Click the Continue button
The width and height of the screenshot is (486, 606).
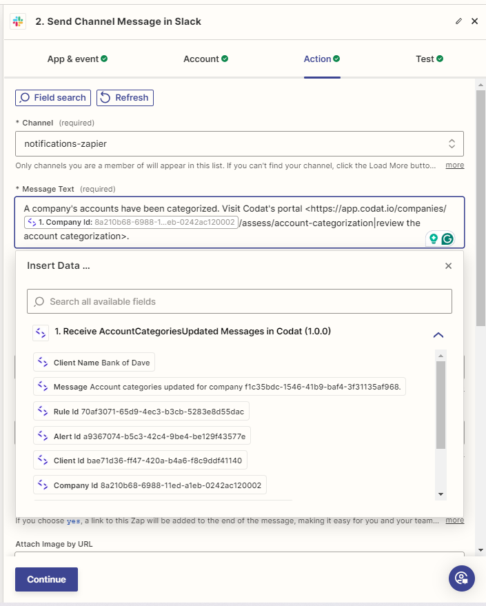click(46, 579)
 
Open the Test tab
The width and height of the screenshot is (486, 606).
click(429, 59)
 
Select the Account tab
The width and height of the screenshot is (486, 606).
click(205, 59)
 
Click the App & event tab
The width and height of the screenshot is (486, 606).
click(77, 59)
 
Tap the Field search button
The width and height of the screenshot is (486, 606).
click(53, 98)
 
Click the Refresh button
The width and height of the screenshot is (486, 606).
click(125, 98)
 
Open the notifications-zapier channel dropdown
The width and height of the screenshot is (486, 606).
click(239, 143)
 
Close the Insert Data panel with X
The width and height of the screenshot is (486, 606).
click(448, 265)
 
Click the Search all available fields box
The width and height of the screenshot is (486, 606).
click(239, 301)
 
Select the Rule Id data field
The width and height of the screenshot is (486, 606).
click(141, 412)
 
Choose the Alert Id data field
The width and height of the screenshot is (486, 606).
click(142, 436)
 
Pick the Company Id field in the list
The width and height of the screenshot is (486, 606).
click(150, 485)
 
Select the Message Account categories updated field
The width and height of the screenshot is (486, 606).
click(220, 387)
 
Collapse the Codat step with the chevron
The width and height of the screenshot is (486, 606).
click(438, 335)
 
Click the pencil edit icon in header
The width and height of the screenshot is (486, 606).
click(459, 21)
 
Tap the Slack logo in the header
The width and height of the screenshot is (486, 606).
click(18, 21)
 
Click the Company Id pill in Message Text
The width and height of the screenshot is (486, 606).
click(131, 223)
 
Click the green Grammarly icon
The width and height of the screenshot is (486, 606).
click(447, 239)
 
